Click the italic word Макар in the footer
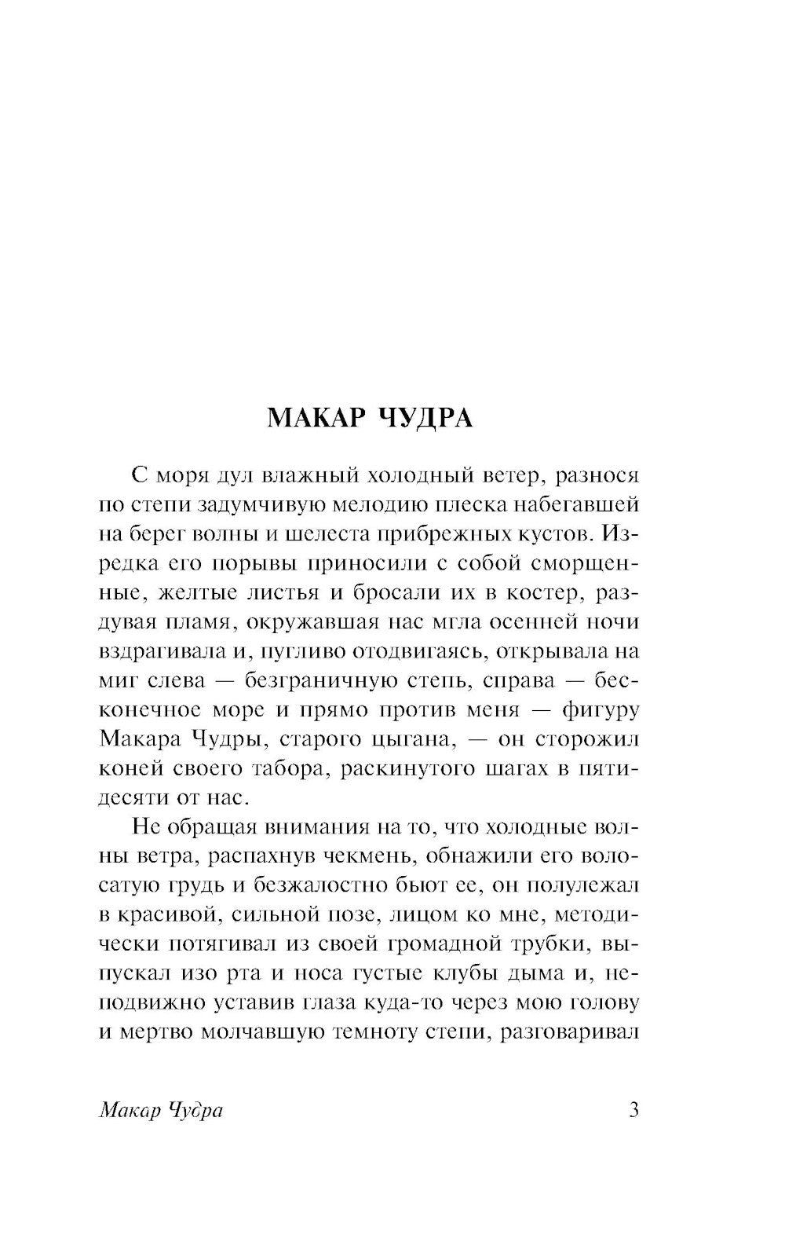coord(126,1112)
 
